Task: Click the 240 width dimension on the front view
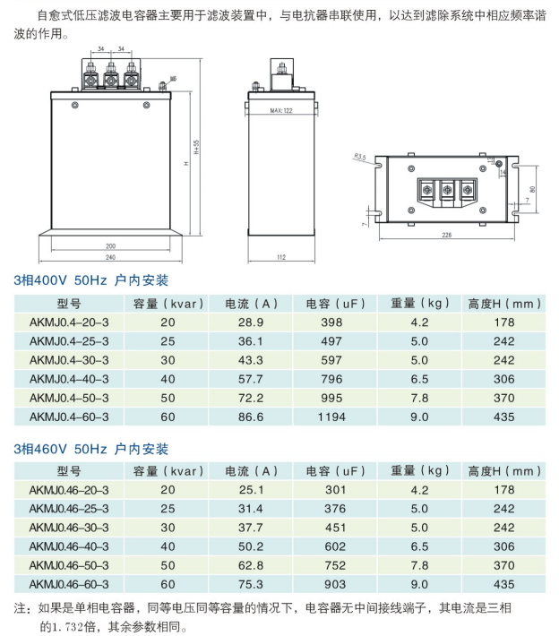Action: pyautogui.click(x=110, y=257)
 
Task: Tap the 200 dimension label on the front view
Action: pyautogui.click(x=110, y=245)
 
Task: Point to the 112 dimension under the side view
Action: pyautogui.click(x=281, y=257)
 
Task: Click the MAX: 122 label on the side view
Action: pyautogui.click(x=281, y=110)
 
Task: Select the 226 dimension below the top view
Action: pyautogui.click(x=446, y=235)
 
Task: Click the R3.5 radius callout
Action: pyautogui.click(x=360, y=157)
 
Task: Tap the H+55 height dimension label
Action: pyautogui.click(x=197, y=147)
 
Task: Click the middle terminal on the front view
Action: pyautogui.click(x=110, y=77)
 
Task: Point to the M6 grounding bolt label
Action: pyautogui.click(x=173, y=78)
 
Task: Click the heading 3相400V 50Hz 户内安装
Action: pyautogui.click(x=90, y=280)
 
